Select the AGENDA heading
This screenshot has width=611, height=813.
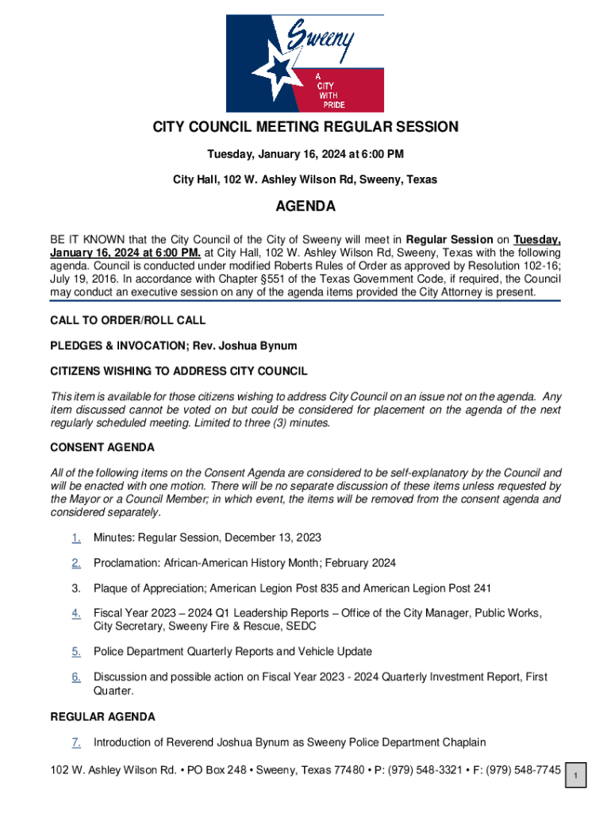[x=305, y=207]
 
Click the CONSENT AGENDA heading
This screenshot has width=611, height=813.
[x=102, y=448]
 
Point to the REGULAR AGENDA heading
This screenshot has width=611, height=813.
[x=102, y=717]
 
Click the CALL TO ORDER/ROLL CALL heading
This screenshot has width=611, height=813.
[x=128, y=320]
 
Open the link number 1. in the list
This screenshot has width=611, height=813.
[x=76, y=538]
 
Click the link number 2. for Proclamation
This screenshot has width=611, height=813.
[x=76, y=563]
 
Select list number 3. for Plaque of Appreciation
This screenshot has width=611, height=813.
[x=76, y=588]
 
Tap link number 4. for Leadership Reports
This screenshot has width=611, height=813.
[x=76, y=613]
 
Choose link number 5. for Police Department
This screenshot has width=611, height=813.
[x=76, y=652]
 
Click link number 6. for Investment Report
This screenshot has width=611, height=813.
[x=76, y=677]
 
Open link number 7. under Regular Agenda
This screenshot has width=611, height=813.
[x=76, y=742]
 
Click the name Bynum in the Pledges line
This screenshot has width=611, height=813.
[x=279, y=345]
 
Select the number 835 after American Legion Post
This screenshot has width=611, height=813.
[x=329, y=588]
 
